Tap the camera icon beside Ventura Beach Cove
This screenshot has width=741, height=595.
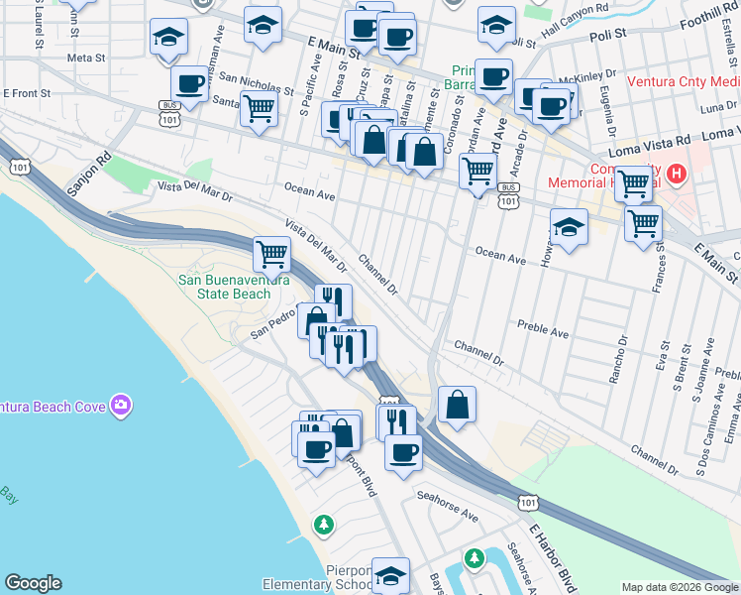pos(121,405)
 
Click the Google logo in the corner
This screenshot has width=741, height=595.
pos(33,583)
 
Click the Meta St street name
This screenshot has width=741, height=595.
pos(86,58)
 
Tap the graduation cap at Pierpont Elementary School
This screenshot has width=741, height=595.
pos(390,575)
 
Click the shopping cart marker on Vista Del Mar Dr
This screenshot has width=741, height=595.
pos(271,253)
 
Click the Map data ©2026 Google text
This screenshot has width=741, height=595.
pos(679,587)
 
